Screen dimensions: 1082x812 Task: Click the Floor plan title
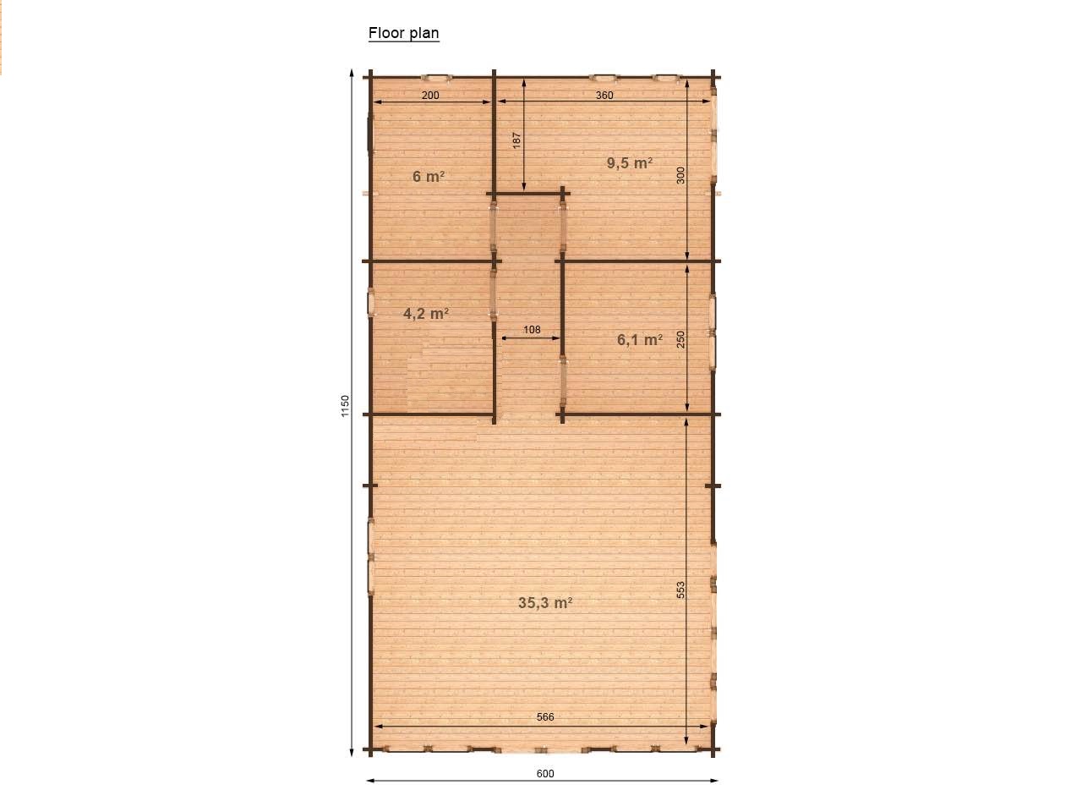[403, 33]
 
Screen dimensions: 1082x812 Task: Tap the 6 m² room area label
[429, 176]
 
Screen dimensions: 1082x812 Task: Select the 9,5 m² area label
[630, 162]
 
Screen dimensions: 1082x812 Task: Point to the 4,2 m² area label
[425, 314]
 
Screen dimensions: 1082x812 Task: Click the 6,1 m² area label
[639, 340]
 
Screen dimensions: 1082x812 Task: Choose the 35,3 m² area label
[544, 602]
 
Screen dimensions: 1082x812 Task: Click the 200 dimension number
[430, 95]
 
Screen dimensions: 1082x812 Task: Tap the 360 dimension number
[604, 95]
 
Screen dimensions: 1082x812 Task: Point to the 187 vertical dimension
[516, 140]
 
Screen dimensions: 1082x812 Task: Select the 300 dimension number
[680, 176]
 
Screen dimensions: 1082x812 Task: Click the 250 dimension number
[680, 339]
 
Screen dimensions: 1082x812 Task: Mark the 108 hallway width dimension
[532, 329]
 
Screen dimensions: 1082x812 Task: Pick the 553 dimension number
[680, 590]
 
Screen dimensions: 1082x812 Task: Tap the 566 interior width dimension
[544, 717]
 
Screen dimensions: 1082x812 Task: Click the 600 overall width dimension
[544, 774]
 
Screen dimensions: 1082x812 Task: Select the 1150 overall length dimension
[345, 406]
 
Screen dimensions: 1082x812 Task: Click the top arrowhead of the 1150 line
[352, 73]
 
